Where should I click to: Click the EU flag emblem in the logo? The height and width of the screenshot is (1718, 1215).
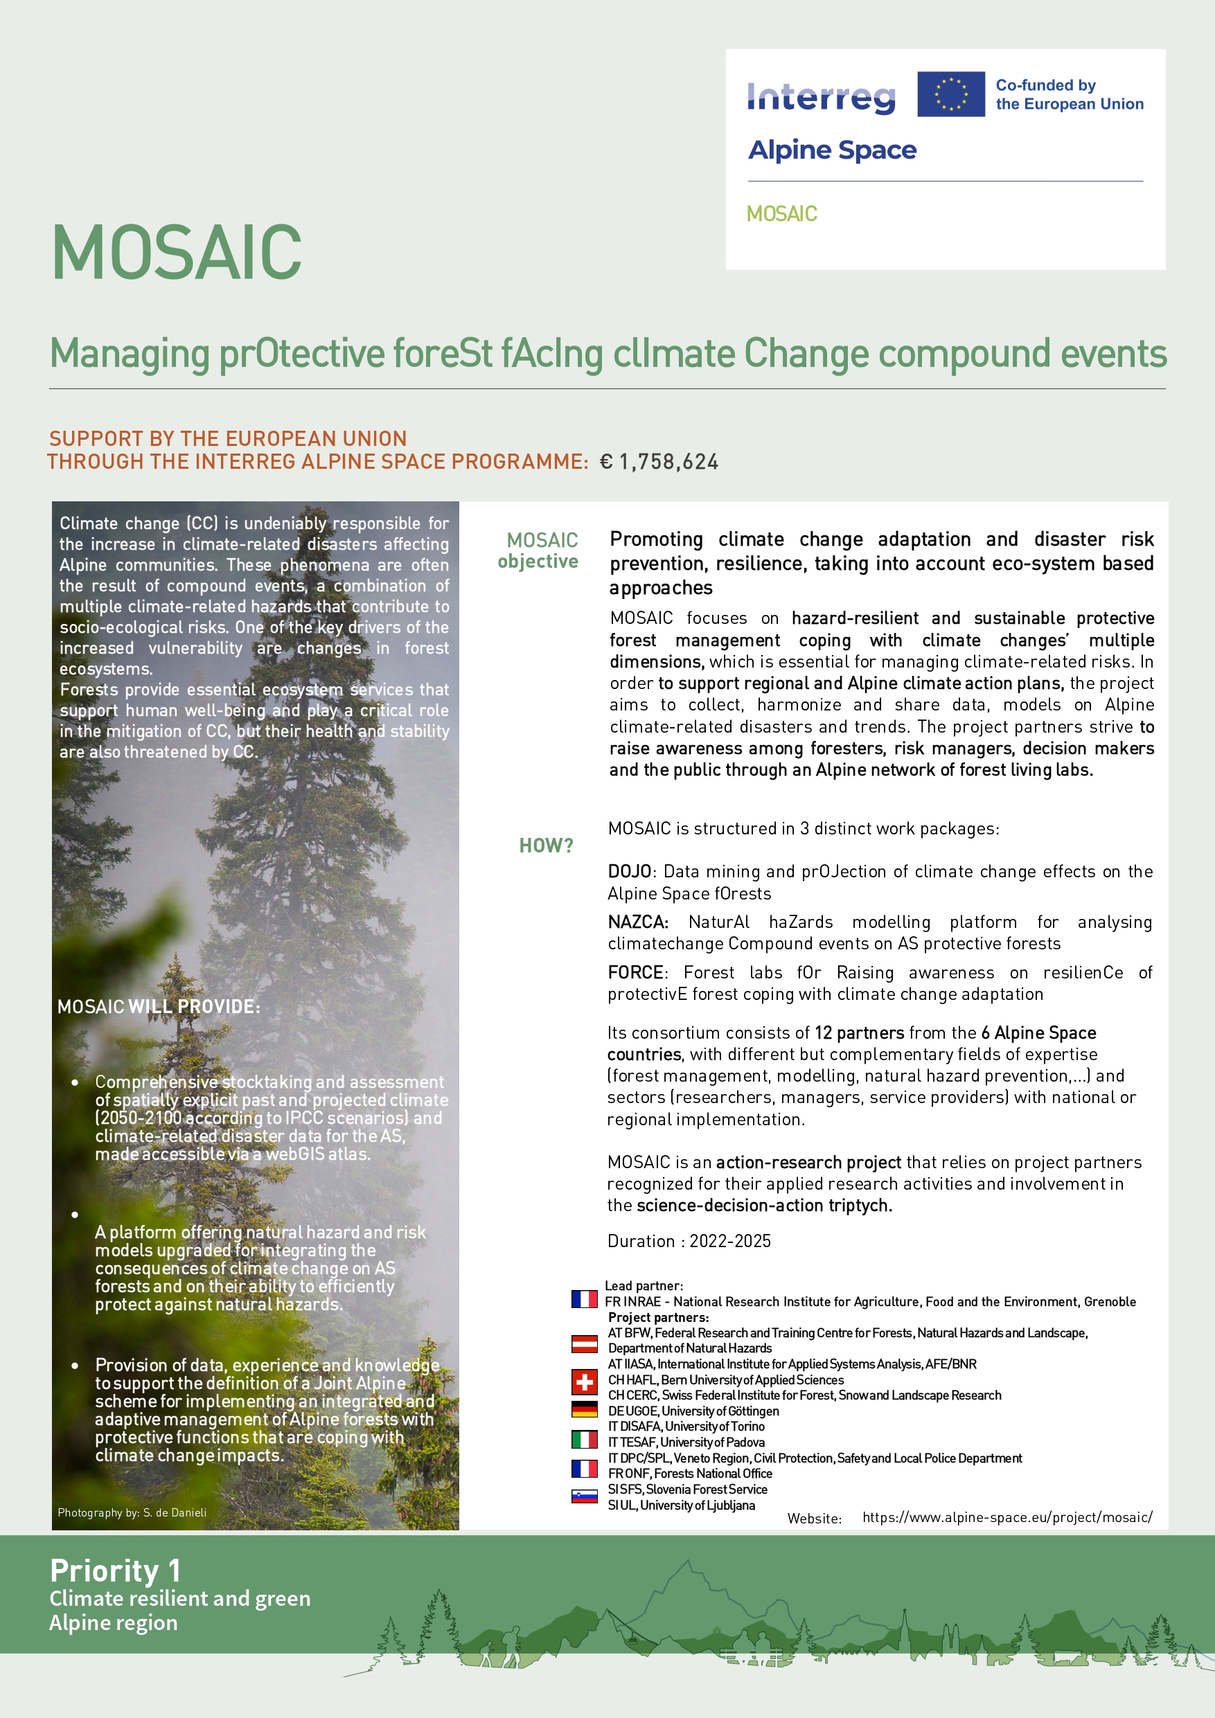(x=951, y=94)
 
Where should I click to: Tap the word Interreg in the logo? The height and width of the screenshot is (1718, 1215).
(x=822, y=97)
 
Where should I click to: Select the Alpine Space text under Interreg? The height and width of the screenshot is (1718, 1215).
(x=832, y=150)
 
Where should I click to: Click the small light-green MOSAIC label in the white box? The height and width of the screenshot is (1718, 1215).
(x=781, y=214)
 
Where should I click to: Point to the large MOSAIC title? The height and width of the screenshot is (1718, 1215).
(x=177, y=253)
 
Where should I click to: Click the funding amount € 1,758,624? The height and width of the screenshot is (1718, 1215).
(x=659, y=462)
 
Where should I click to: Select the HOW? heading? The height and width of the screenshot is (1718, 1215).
(x=546, y=845)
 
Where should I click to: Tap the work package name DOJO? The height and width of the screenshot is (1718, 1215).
(x=630, y=872)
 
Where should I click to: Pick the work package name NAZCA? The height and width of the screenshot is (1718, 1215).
(x=637, y=922)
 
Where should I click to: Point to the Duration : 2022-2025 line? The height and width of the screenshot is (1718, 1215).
(x=689, y=1241)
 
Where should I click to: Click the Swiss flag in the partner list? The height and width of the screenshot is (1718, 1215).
(x=584, y=1381)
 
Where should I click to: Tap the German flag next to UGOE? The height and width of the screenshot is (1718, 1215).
(x=584, y=1409)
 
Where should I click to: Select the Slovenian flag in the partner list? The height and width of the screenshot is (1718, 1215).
(x=584, y=1496)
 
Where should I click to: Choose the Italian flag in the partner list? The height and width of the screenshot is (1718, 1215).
(x=584, y=1439)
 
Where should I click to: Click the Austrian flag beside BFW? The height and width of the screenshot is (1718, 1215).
(x=584, y=1344)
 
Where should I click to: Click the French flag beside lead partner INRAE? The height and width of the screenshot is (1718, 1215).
(x=584, y=1299)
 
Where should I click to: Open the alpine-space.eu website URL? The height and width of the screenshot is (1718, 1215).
(x=1007, y=1516)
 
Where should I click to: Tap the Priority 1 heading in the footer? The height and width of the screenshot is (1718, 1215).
(x=114, y=1571)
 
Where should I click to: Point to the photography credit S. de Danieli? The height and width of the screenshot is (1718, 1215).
(x=132, y=1512)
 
